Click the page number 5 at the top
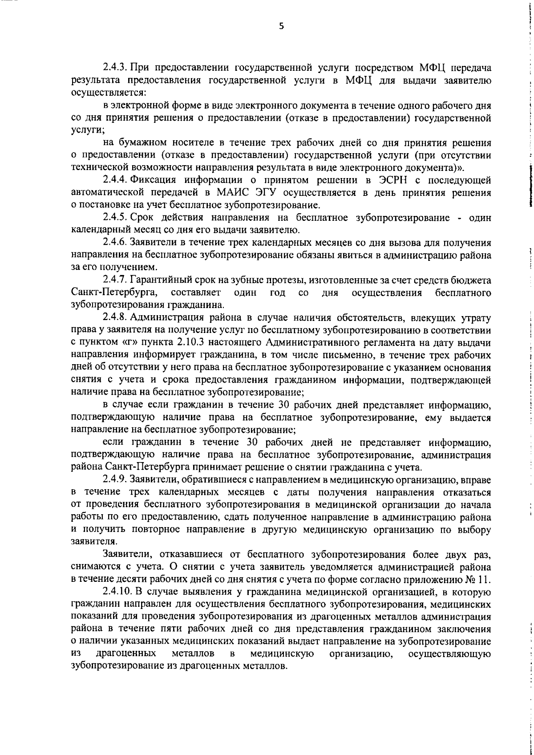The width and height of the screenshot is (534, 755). pyautogui.click(x=281, y=26)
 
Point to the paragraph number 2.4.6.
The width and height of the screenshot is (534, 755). pyautogui.click(x=116, y=243)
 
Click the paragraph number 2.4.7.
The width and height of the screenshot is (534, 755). pyautogui.click(x=116, y=280)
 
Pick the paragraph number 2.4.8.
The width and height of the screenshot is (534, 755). pyautogui.click(x=116, y=317)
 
